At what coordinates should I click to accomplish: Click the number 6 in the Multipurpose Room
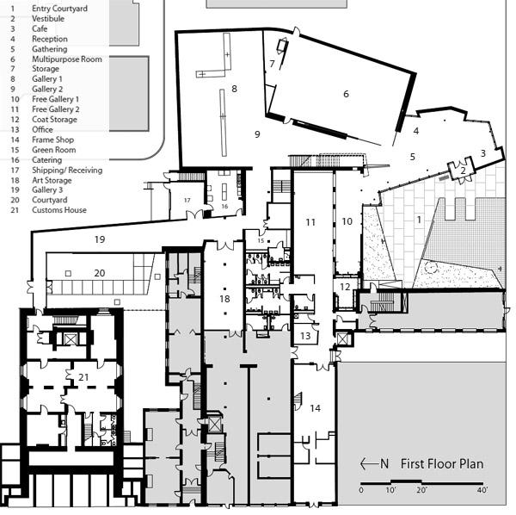pyautogui.click(x=346, y=94)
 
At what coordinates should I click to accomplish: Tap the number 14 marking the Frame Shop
pyautogui.click(x=315, y=408)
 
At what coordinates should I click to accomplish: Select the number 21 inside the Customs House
pyautogui.click(x=83, y=377)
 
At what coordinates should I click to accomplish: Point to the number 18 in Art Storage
pyautogui.click(x=224, y=299)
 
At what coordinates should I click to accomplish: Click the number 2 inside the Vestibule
pyautogui.click(x=463, y=171)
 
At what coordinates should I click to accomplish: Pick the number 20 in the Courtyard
pyautogui.click(x=100, y=273)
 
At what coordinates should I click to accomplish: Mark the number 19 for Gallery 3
pyautogui.click(x=100, y=239)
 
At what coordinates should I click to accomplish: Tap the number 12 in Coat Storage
pyautogui.click(x=345, y=287)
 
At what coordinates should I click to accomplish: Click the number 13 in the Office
pyautogui.click(x=305, y=336)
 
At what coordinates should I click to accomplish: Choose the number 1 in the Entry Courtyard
pyautogui.click(x=419, y=220)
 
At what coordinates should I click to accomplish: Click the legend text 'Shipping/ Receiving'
pyautogui.click(x=67, y=170)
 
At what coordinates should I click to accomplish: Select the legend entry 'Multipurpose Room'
pyautogui.click(x=67, y=59)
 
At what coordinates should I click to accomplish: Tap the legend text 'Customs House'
pyautogui.click(x=59, y=210)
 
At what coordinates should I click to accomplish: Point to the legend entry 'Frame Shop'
pyautogui.click(x=52, y=140)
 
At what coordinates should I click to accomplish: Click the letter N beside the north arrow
pyautogui.click(x=384, y=463)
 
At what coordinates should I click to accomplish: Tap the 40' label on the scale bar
pyautogui.click(x=482, y=490)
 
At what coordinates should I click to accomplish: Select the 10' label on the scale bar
pyautogui.click(x=390, y=490)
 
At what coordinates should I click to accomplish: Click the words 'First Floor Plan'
pyautogui.click(x=442, y=464)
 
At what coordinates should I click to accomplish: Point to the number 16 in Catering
pyautogui.click(x=224, y=207)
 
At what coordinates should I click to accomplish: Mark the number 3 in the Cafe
pyautogui.click(x=482, y=153)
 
